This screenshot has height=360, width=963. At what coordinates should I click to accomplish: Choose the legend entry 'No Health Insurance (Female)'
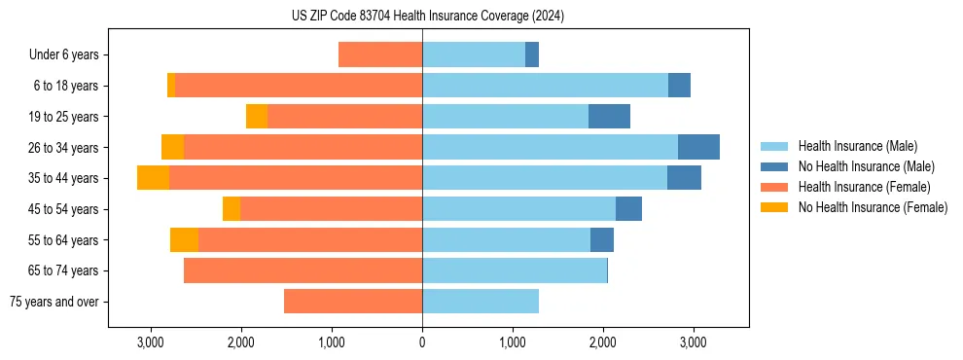tap(873, 206)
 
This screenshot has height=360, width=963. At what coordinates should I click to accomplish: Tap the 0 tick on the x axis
tap(422, 342)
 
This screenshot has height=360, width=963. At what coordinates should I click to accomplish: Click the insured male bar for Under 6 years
tap(474, 54)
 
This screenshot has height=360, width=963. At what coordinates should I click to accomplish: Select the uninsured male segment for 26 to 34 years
tap(698, 147)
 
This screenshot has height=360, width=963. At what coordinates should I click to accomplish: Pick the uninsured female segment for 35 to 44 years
tap(153, 178)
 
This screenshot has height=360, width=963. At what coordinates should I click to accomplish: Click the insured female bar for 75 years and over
tap(353, 302)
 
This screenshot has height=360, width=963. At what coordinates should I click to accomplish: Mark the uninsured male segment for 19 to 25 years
tap(609, 116)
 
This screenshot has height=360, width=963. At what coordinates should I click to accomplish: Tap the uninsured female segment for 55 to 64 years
tap(184, 239)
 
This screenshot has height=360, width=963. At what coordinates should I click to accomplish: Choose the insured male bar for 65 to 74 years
tap(515, 270)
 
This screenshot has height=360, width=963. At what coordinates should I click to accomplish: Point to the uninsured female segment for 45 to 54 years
tap(232, 208)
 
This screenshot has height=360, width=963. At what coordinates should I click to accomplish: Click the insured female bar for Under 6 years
tap(380, 54)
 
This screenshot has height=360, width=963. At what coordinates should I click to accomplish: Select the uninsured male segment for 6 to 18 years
tap(679, 86)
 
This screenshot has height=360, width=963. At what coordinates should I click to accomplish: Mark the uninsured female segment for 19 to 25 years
tap(257, 116)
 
